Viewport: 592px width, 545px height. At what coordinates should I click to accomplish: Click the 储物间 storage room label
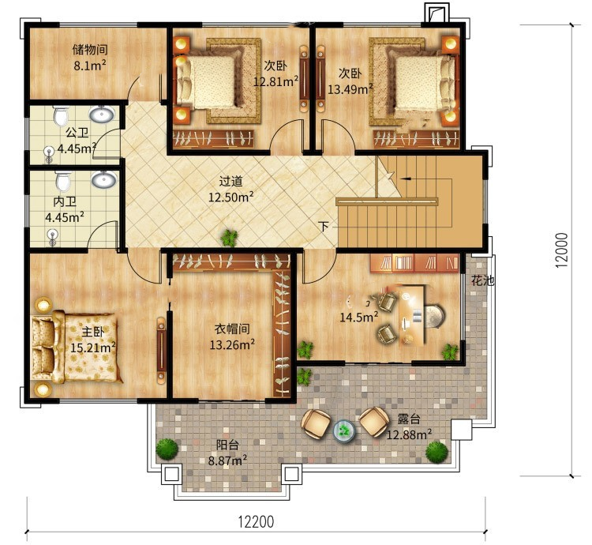point(90,50)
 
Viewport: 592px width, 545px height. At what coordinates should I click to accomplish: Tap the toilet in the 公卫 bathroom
point(61,115)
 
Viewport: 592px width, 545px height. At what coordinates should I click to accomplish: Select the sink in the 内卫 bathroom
point(103,179)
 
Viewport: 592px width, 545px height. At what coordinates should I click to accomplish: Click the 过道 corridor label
point(230,182)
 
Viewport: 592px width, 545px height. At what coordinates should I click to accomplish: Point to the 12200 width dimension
point(256,521)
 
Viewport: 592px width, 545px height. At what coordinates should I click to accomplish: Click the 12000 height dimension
point(561,250)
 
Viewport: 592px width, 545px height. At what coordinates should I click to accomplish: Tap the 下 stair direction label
point(323,227)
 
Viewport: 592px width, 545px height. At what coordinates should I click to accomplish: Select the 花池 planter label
point(482,280)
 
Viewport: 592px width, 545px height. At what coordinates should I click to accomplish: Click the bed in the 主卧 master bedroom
point(77,347)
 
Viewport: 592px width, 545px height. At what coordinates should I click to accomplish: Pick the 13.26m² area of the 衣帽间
point(232,344)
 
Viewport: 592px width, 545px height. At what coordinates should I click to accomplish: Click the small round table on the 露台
point(344,430)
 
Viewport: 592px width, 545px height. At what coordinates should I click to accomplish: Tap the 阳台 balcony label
point(227,445)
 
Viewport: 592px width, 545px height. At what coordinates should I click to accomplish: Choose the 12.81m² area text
point(275,81)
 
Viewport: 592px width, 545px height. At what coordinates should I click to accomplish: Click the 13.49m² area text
point(350,89)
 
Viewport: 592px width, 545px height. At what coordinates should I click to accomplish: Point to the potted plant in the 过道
point(229,239)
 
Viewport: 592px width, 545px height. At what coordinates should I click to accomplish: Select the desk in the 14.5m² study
point(411,314)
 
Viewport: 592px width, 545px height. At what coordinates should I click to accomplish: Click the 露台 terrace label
point(409,419)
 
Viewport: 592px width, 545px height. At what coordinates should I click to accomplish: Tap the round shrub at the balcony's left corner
point(167,449)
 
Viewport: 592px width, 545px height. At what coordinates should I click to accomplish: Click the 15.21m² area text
point(93,348)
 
